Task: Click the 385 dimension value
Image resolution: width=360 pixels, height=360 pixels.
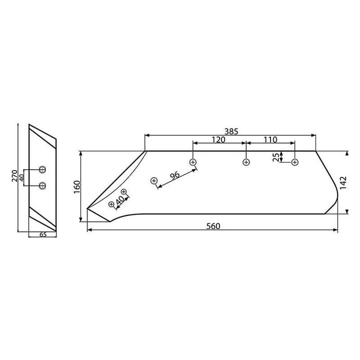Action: (x=231, y=131)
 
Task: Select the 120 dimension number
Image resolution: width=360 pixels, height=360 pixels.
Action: (x=219, y=140)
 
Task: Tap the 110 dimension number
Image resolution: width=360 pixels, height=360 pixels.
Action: (x=270, y=140)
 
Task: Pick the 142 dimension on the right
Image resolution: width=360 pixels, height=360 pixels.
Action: (x=344, y=182)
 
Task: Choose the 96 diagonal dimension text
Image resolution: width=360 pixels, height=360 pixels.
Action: (x=174, y=175)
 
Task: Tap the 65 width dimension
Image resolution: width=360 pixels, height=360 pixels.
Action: (x=42, y=235)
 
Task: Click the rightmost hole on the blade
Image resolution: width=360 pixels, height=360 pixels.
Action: (x=295, y=163)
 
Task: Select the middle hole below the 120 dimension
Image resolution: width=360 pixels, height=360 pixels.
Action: (x=246, y=163)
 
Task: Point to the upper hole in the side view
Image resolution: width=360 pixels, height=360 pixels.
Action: (x=42, y=170)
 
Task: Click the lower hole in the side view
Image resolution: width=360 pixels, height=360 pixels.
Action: (x=42, y=185)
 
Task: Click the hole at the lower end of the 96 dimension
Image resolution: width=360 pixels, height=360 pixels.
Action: (x=154, y=181)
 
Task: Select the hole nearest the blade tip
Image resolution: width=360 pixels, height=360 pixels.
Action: (x=111, y=204)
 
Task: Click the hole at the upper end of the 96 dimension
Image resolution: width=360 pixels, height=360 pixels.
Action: (x=193, y=163)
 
